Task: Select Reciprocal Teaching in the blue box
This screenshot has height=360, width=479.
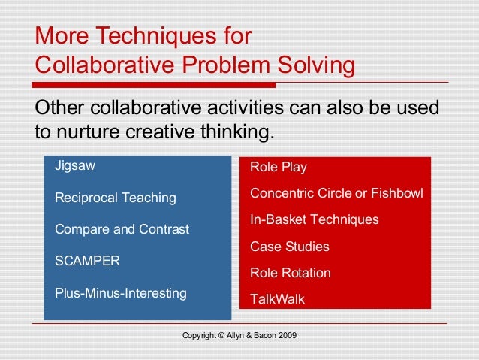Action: click(x=116, y=198)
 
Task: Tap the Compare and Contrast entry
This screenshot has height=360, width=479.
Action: click(x=122, y=229)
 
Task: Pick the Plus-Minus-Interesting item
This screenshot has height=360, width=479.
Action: click(x=120, y=292)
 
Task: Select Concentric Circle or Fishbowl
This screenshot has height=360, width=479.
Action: click(x=336, y=194)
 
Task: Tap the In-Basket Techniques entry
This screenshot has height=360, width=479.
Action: click(x=314, y=220)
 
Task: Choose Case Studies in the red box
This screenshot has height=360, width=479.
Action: click(x=289, y=247)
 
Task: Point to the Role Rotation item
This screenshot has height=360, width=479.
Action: click(x=290, y=273)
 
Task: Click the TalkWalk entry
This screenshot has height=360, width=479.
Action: click(x=277, y=299)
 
